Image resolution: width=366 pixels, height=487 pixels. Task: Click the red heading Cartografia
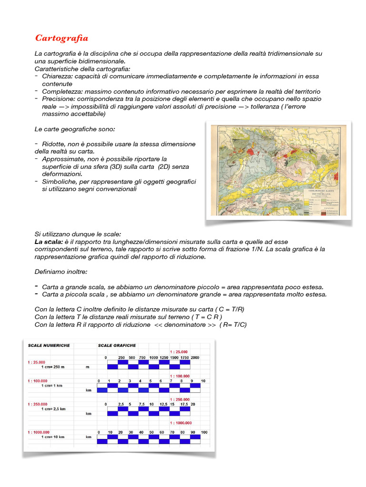pyautogui.click(x=61, y=38)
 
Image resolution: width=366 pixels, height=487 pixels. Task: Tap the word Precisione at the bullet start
pyautogui.click(x=57, y=99)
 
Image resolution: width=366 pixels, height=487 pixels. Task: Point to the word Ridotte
pyautogui.click(x=53, y=144)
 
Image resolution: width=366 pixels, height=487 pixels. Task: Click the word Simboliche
pyautogui.click(x=58, y=182)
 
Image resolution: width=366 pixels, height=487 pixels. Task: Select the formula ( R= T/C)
pyautogui.click(x=233, y=325)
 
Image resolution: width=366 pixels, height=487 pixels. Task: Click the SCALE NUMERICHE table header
pyautogui.click(x=49, y=345)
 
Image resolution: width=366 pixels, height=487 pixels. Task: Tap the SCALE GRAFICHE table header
pyautogui.click(x=117, y=345)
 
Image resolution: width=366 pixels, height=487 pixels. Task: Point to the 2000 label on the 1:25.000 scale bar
pyautogui.click(x=195, y=358)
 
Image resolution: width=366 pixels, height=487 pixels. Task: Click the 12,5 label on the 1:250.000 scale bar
pyautogui.click(x=163, y=404)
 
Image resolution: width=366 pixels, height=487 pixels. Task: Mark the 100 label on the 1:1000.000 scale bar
pyautogui.click(x=204, y=432)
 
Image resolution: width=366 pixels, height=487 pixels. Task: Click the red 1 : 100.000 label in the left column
pyautogui.click(x=39, y=381)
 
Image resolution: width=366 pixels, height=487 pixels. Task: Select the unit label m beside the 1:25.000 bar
pyautogui.click(x=88, y=367)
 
